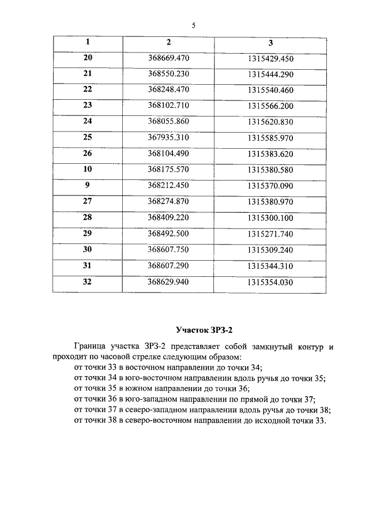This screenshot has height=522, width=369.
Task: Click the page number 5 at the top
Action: [x=194, y=25]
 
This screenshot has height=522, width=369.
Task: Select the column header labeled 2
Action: [x=168, y=42]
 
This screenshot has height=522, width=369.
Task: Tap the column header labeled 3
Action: [x=270, y=43]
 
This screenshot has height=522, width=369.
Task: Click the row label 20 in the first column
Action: [x=88, y=58]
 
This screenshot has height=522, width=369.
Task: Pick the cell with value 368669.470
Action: [x=168, y=59]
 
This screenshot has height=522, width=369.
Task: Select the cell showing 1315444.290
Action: [x=270, y=74]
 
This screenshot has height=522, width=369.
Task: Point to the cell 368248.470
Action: [x=168, y=90]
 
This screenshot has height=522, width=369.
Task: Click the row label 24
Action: [x=88, y=121]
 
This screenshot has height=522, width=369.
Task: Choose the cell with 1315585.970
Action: [x=270, y=138]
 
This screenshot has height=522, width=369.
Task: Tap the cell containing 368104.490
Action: [x=168, y=153]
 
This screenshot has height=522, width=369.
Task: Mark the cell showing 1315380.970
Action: [x=270, y=202]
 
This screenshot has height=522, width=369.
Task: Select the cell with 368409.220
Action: [x=168, y=217]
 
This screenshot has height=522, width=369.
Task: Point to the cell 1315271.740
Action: [x=270, y=234]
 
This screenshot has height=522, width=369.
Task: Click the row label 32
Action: [x=88, y=281]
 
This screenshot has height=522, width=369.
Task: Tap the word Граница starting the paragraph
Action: [x=90, y=347]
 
